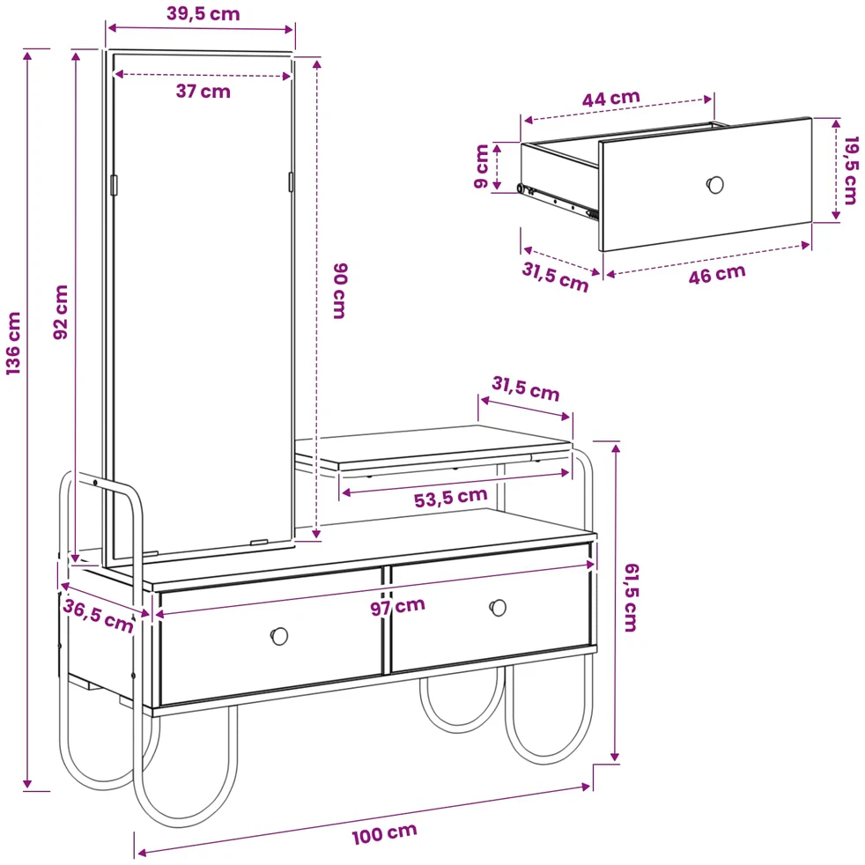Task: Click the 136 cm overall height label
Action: (13, 344)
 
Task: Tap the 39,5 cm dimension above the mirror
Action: (203, 13)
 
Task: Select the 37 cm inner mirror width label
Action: (203, 91)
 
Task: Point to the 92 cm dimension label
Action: (61, 312)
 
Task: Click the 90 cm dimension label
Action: (340, 291)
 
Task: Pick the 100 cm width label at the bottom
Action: (385, 834)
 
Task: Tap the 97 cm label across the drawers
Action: (398, 606)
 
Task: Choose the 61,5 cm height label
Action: (631, 597)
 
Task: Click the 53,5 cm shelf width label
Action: (451, 498)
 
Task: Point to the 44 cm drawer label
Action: (611, 99)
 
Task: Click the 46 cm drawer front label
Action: (717, 274)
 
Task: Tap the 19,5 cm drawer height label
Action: (851, 171)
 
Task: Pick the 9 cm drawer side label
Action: (482, 166)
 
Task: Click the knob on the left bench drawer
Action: (279, 636)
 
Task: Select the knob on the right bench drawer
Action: (499, 608)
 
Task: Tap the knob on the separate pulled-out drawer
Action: (715, 185)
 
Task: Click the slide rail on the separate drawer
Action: (558, 201)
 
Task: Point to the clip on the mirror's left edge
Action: (115, 185)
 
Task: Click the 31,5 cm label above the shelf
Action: (526, 388)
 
